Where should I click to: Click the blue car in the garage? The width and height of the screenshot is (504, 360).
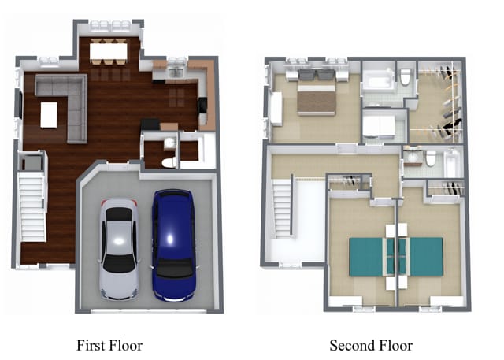[x=174, y=245]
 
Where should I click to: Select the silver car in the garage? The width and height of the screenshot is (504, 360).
[x=119, y=249]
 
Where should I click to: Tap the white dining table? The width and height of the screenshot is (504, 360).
[x=109, y=51]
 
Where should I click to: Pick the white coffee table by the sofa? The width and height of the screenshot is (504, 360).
[x=49, y=115]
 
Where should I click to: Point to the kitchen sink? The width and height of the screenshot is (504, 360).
[x=176, y=72]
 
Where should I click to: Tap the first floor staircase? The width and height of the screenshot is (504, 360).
[x=32, y=207]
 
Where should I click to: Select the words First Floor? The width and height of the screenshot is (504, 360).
[x=109, y=346]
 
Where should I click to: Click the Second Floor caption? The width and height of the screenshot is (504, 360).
[x=371, y=346]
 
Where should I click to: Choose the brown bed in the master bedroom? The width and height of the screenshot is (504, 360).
[x=317, y=98]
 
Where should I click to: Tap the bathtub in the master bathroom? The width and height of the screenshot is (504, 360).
[x=378, y=80]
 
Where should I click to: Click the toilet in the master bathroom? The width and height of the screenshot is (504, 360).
[x=406, y=77]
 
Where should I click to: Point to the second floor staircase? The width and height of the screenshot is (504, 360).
[x=282, y=208]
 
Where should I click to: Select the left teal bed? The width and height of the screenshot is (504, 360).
[x=372, y=257]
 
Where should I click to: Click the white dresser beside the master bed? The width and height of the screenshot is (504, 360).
[x=276, y=109]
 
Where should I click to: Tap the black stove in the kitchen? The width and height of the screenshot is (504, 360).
[x=202, y=106]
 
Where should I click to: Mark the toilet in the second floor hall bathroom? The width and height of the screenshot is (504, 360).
[x=431, y=159]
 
